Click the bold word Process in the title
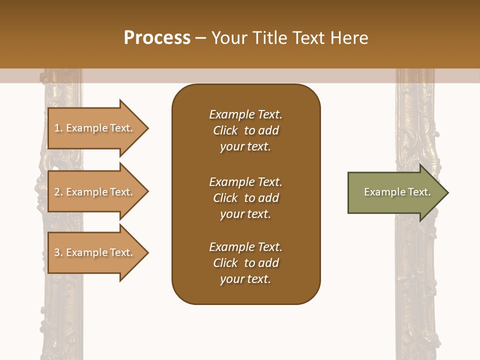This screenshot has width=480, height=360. coord(157,38)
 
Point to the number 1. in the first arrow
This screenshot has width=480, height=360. coord(58,128)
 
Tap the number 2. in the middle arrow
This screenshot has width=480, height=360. coord(58,192)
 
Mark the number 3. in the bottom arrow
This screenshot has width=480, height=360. coord(58,252)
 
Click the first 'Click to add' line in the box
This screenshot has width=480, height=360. coord(245,130)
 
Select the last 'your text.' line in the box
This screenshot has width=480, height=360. coord(245,279)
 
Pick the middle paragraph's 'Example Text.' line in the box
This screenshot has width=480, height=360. coord(245,182)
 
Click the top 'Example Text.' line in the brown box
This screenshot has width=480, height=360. coord(245,114)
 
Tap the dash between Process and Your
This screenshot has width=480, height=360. coord(200,38)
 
